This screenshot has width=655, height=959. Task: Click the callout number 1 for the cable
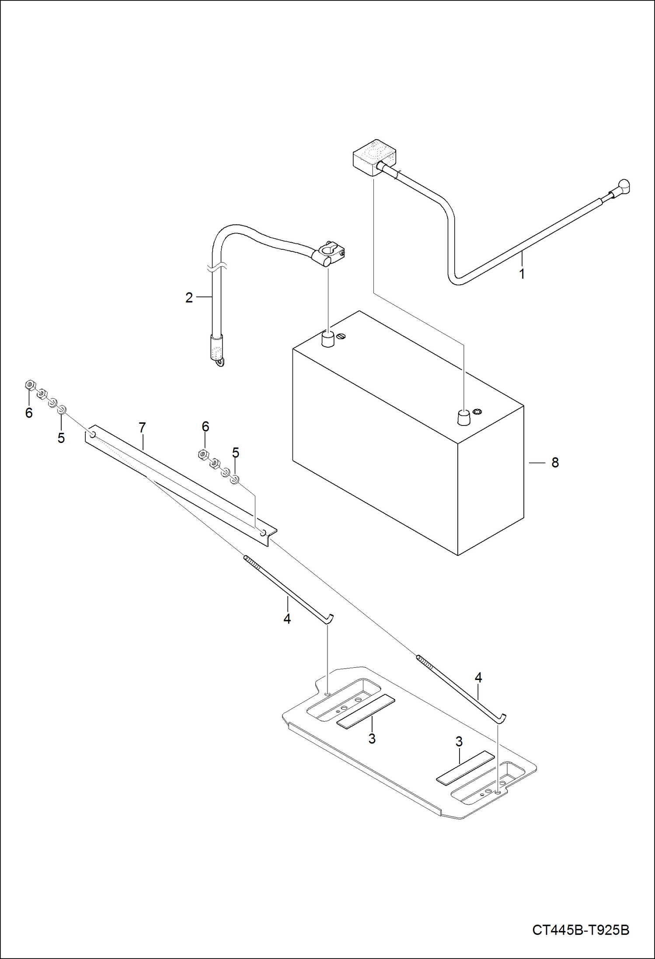point(521,274)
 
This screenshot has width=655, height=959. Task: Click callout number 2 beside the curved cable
point(189,298)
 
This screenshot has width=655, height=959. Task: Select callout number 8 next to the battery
point(555,463)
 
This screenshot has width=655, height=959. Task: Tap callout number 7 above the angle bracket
point(142,428)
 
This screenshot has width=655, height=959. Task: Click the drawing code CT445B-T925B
point(580,930)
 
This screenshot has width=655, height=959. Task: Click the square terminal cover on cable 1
point(374,157)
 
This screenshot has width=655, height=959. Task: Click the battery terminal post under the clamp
point(327,339)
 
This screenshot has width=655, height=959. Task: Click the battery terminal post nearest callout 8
point(463,417)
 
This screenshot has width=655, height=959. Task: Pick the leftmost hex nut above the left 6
point(30,385)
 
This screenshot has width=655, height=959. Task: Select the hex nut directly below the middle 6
point(202,455)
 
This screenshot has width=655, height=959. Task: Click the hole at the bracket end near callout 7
point(93,434)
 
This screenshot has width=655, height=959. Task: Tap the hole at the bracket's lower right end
point(263,532)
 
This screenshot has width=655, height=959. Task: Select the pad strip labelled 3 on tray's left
point(366,711)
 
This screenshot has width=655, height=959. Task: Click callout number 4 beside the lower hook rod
point(478,678)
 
